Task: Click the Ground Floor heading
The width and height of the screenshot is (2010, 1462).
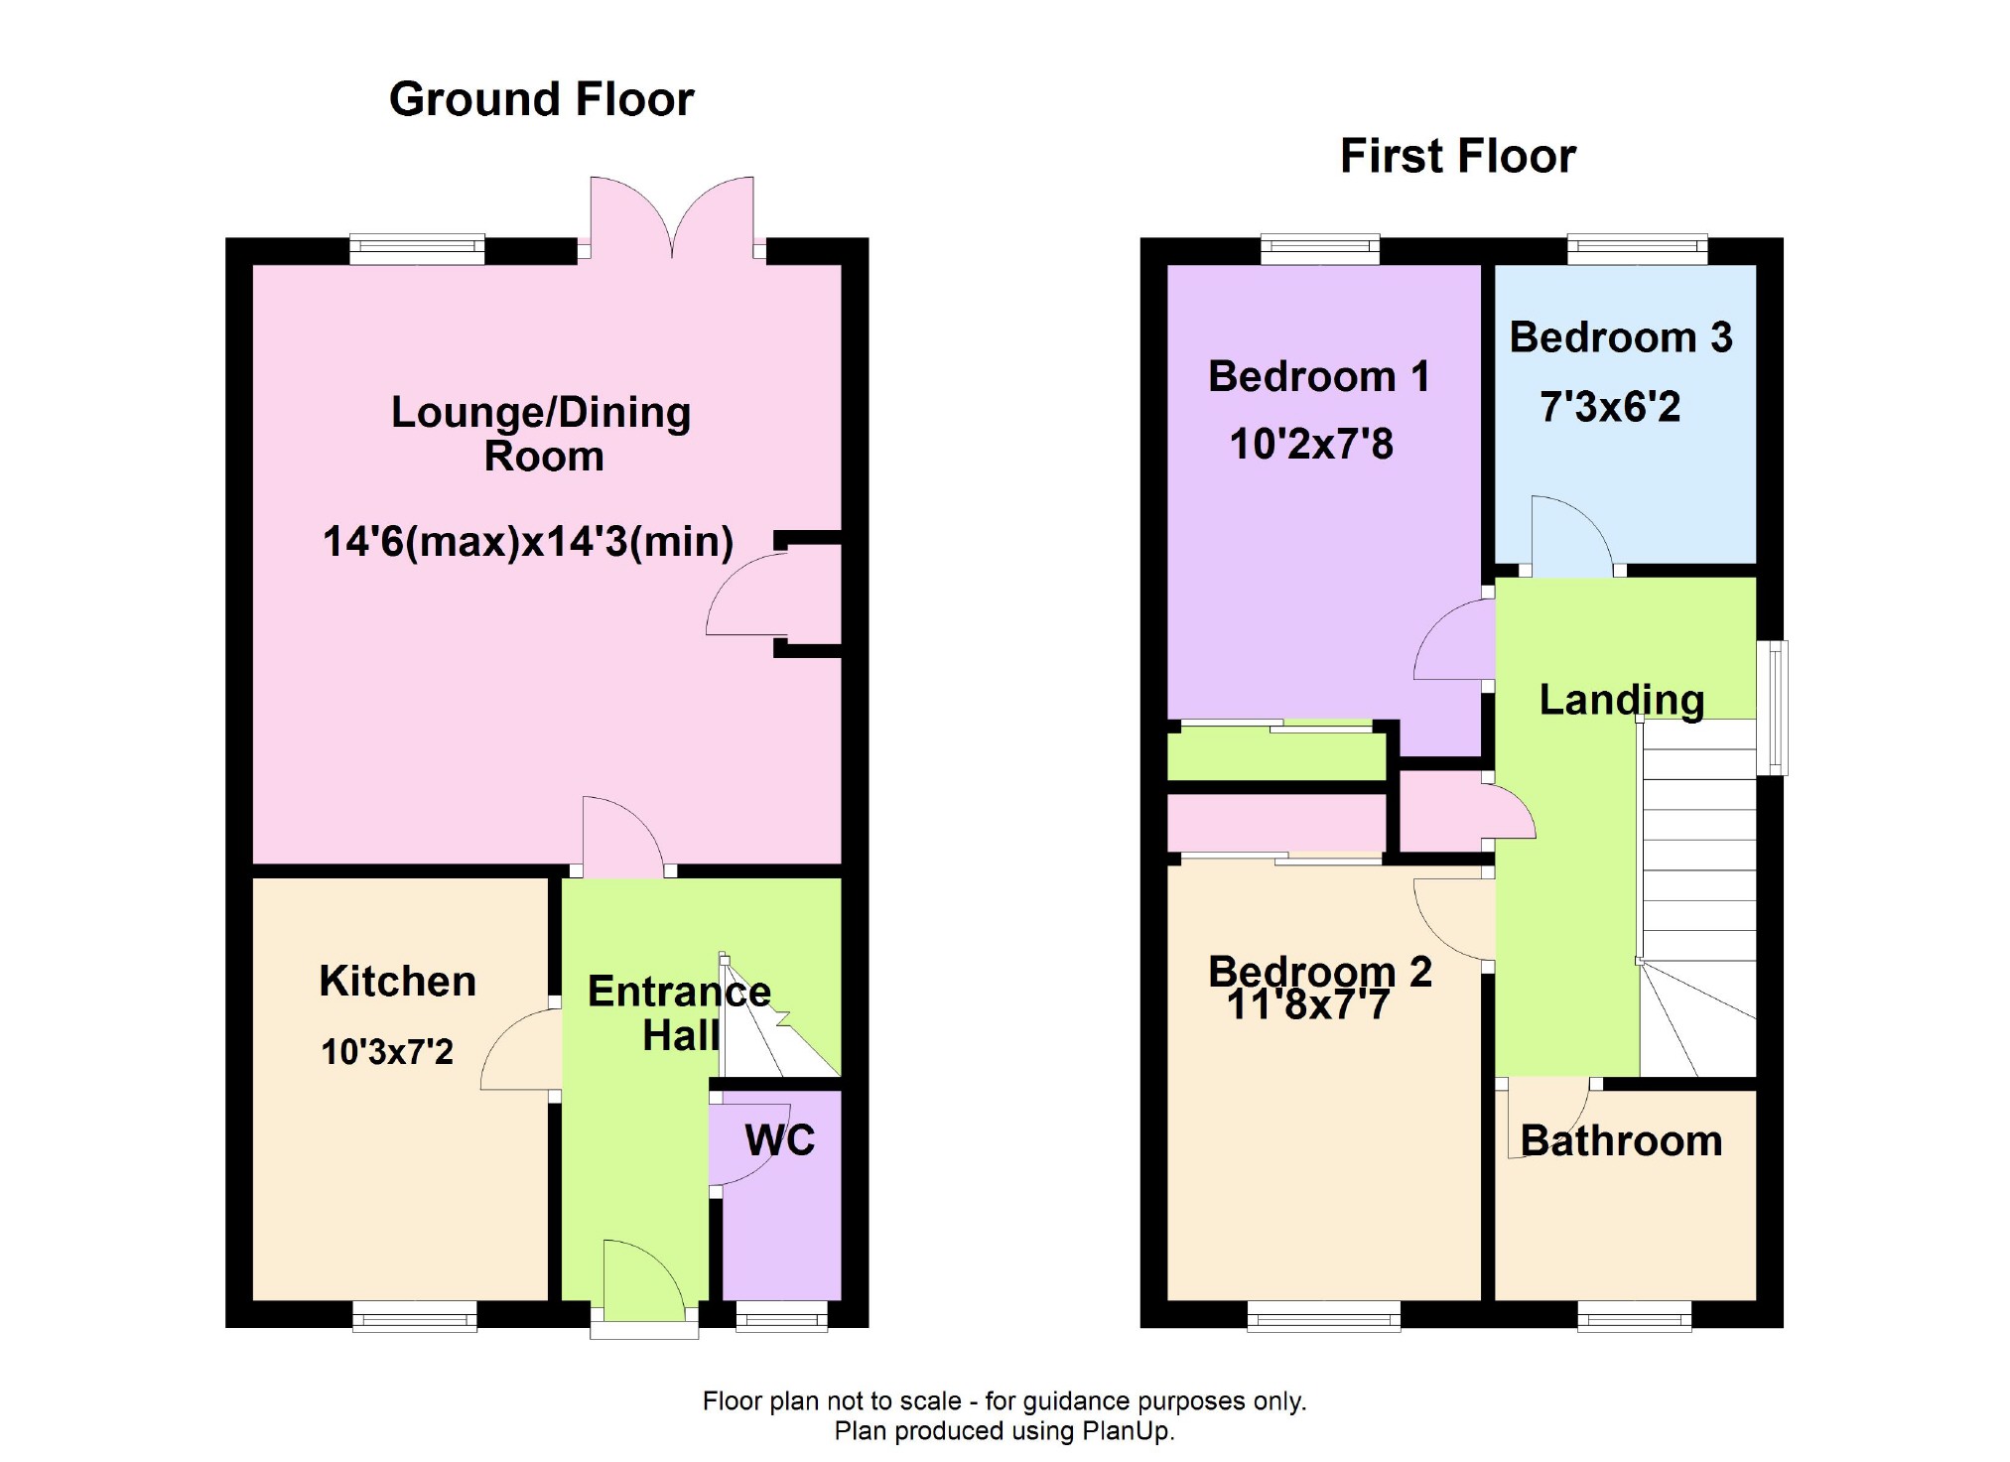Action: [541, 99]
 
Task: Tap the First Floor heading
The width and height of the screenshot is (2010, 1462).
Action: [1458, 156]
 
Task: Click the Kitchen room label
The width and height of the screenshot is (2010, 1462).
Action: [397, 981]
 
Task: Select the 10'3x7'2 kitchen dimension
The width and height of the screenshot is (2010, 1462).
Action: [386, 1051]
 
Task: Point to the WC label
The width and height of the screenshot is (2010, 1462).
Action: [780, 1140]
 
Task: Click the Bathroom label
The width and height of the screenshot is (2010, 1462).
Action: [1621, 1140]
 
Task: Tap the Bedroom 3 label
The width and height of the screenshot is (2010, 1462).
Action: [1621, 337]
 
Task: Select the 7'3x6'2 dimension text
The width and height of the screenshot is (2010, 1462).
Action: [1610, 407]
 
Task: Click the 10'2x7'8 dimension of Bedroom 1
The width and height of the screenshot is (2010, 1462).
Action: [1311, 444]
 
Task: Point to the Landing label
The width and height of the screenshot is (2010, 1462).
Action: [1622, 700]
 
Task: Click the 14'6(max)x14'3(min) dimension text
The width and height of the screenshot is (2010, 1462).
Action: [528, 542]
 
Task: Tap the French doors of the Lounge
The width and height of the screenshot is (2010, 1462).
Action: [672, 218]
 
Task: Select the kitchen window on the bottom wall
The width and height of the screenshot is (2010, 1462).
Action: [415, 1316]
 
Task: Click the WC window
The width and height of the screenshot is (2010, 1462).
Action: [782, 1316]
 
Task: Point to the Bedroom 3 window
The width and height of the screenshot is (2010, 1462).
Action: [1638, 249]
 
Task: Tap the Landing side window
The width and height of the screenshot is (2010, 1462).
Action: [1772, 708]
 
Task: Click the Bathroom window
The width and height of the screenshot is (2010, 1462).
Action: [1635, 1316]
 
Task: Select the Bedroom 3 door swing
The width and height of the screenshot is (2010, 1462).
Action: [1571, 535]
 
